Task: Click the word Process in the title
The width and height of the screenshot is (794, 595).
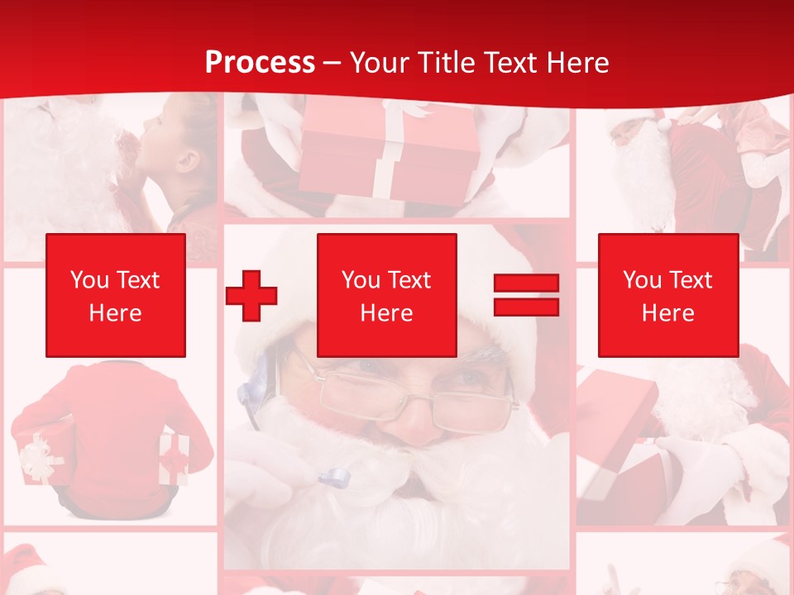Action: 260,63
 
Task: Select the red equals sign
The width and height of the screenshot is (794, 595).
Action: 526,295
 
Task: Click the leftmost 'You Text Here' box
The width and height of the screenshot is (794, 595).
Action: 115,295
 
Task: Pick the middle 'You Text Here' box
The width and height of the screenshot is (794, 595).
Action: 386,295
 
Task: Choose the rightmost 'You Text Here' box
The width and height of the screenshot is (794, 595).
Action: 667,295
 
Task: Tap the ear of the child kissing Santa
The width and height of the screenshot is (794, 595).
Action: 189,159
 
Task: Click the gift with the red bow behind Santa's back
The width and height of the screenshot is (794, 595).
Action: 175,459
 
